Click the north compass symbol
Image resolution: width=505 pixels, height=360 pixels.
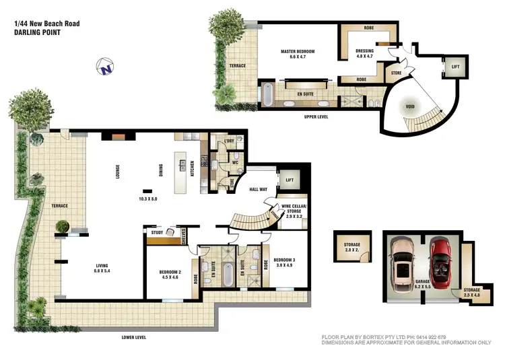[x=104, y=67]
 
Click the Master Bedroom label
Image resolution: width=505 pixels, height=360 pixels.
[x=297, y=55]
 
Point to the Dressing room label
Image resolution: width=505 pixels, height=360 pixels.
[x=366, y=53]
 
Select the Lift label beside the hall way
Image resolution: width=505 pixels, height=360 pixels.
[x=290, y=180]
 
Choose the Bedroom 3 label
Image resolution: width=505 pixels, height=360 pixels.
[x=283, y=262]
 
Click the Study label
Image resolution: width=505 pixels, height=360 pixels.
[x=158, y=233]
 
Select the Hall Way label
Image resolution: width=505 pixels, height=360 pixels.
[x=259, y=190]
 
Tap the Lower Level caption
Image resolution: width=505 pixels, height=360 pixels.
[x=134, y=337]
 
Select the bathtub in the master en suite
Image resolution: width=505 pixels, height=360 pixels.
[x=267, y=96]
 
